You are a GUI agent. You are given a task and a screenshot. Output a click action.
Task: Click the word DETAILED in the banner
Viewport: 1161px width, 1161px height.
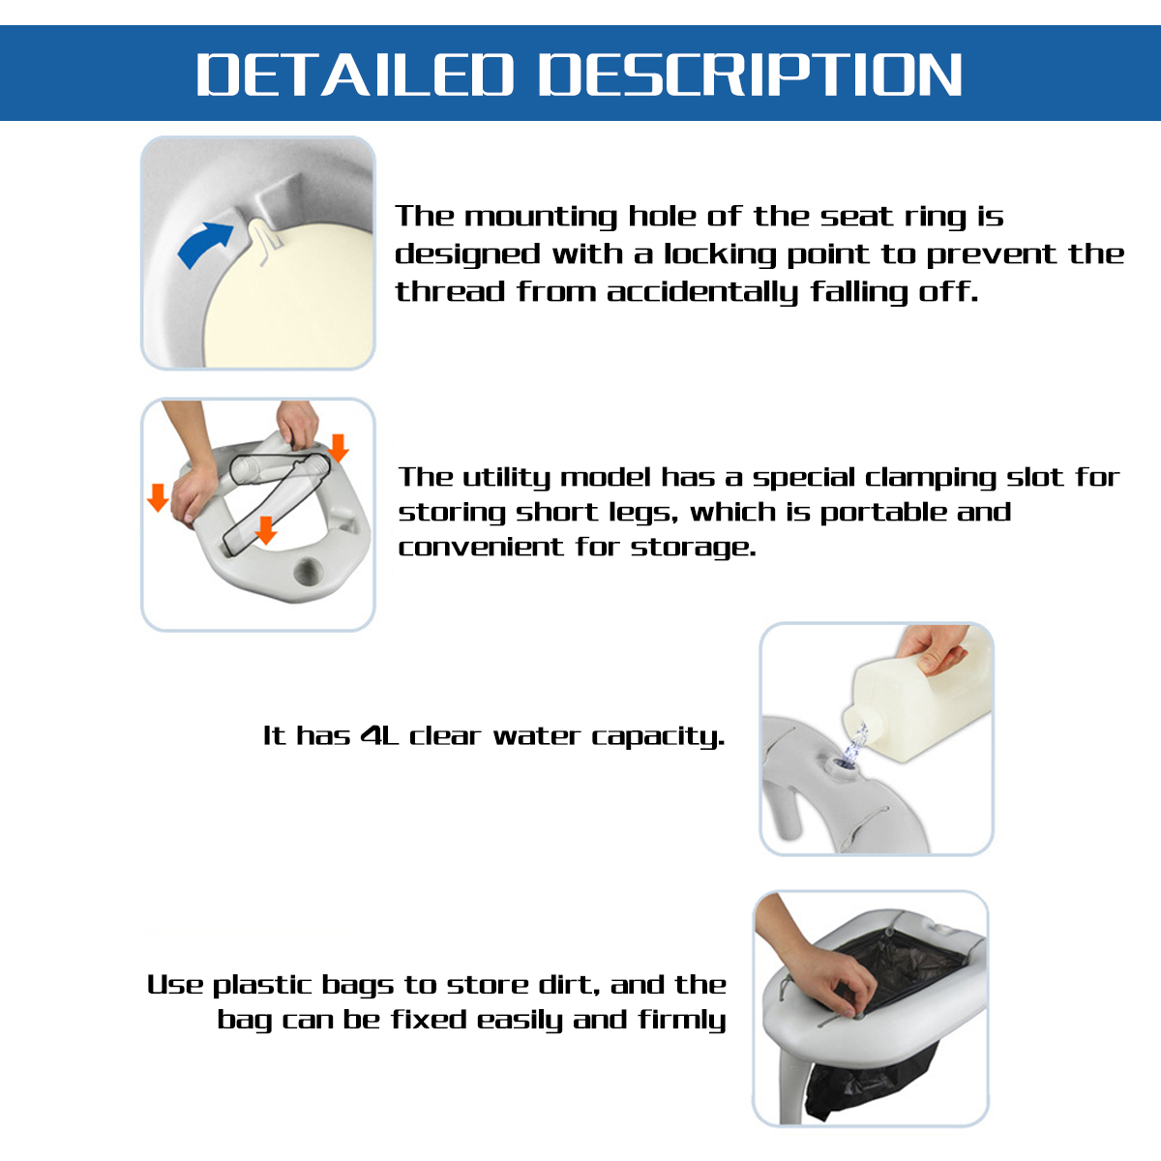[x=354, y=74]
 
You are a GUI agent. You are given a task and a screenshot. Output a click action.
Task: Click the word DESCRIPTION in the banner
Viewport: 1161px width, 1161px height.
[x=750, y=74]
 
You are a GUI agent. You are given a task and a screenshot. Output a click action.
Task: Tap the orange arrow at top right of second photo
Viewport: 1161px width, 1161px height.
[x=338, y=448]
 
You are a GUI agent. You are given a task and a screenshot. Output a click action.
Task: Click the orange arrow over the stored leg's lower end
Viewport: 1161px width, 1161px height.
[x=265, y=529]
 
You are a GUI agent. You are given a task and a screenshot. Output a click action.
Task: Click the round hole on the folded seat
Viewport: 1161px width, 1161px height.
[x=311, y=571]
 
